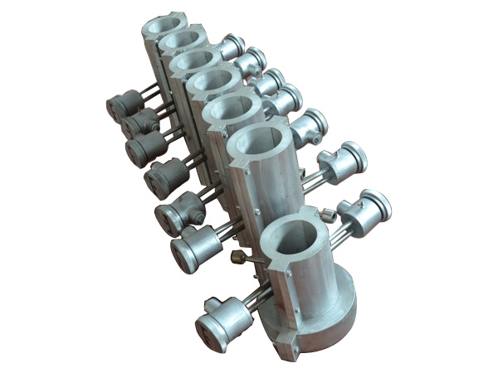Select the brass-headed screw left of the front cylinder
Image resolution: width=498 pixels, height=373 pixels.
click(x=239, y=258)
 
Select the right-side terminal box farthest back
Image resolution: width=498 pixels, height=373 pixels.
click(x=233, y=45)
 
